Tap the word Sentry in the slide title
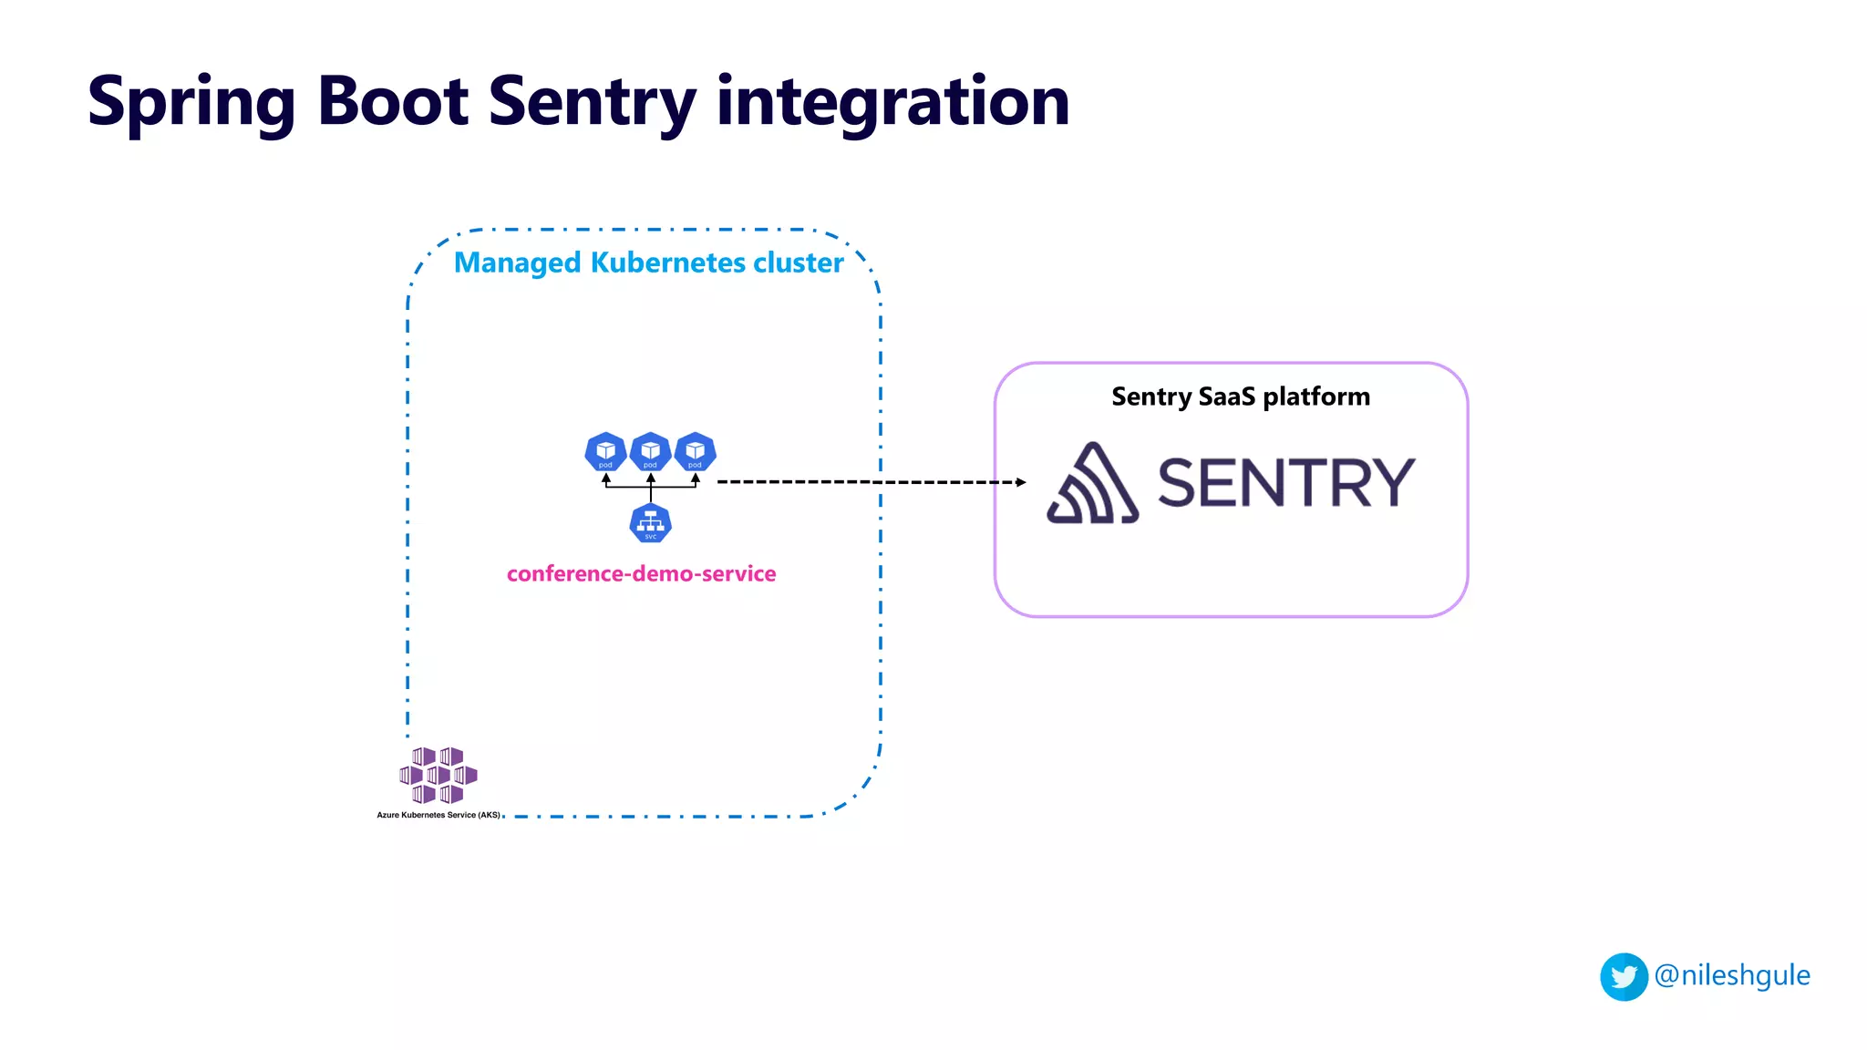[x=592, y=102]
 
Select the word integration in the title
[x=892, y=102]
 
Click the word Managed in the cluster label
[x=517, y=263]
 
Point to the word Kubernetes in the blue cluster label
[x=666, y=262]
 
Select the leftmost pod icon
[x=605, y=452]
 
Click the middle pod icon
[x=650, y=452]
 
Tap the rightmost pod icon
[x=695, y=452]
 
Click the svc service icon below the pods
[x=650, y=523]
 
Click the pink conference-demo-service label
[x=641, y=574]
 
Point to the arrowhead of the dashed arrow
[x=1021, y=482]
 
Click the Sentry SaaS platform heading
[x=1240, y=396]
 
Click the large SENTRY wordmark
[x=1285, y=483]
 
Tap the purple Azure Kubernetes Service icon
[x=438, y=776]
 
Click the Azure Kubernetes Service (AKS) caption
[x=438, y=815]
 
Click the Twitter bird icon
[x=1624, y=977]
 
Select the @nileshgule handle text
[x=1732, y=975]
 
